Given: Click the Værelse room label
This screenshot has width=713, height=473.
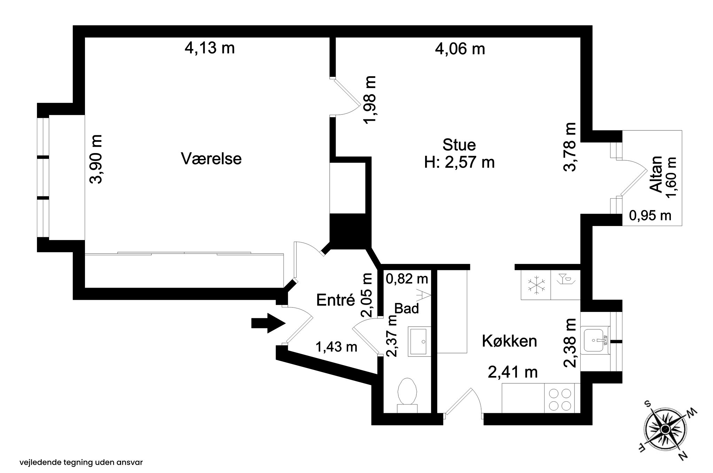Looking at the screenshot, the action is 211,159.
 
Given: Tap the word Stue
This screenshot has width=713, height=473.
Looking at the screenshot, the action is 459,145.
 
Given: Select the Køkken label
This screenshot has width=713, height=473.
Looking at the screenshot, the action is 509,341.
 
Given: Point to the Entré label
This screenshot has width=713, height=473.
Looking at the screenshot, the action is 336,300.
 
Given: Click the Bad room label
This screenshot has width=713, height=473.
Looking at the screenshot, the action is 406,308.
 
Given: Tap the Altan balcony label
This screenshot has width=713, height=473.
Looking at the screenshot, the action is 656,174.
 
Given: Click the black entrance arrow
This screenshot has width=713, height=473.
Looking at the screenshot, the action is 268,323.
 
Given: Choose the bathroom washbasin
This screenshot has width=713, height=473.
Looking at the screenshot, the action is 419,341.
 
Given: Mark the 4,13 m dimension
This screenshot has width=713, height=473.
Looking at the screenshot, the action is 210,48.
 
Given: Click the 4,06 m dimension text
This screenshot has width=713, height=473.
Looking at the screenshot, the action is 460,49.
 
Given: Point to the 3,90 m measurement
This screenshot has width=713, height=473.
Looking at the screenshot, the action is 96,159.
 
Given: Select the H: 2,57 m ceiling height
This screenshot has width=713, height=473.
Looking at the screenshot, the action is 459,162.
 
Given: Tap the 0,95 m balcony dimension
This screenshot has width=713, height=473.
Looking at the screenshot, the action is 650,216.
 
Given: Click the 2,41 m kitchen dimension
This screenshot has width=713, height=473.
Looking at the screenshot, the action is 513,372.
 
